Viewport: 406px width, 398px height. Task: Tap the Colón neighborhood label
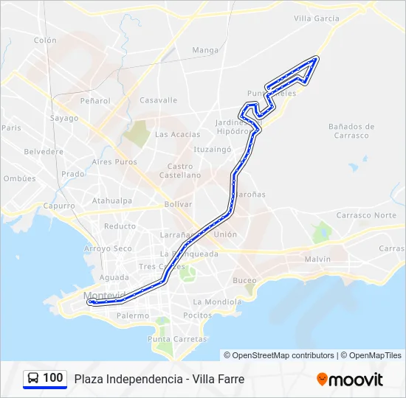45,41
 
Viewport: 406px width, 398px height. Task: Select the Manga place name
205,50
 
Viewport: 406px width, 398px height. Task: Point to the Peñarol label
96,101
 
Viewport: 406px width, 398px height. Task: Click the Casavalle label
159,100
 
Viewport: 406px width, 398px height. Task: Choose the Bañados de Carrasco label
351,131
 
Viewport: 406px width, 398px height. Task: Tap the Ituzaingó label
213,148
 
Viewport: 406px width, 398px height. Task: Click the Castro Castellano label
180,171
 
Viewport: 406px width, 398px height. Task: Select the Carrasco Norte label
366,215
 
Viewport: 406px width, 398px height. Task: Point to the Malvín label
317,259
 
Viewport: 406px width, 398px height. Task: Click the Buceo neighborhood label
244,280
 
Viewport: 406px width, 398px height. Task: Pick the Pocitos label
197,315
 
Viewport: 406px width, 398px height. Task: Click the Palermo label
132,315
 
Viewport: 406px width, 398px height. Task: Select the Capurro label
58,206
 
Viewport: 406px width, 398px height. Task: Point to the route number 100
53,378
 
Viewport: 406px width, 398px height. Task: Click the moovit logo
350,380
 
